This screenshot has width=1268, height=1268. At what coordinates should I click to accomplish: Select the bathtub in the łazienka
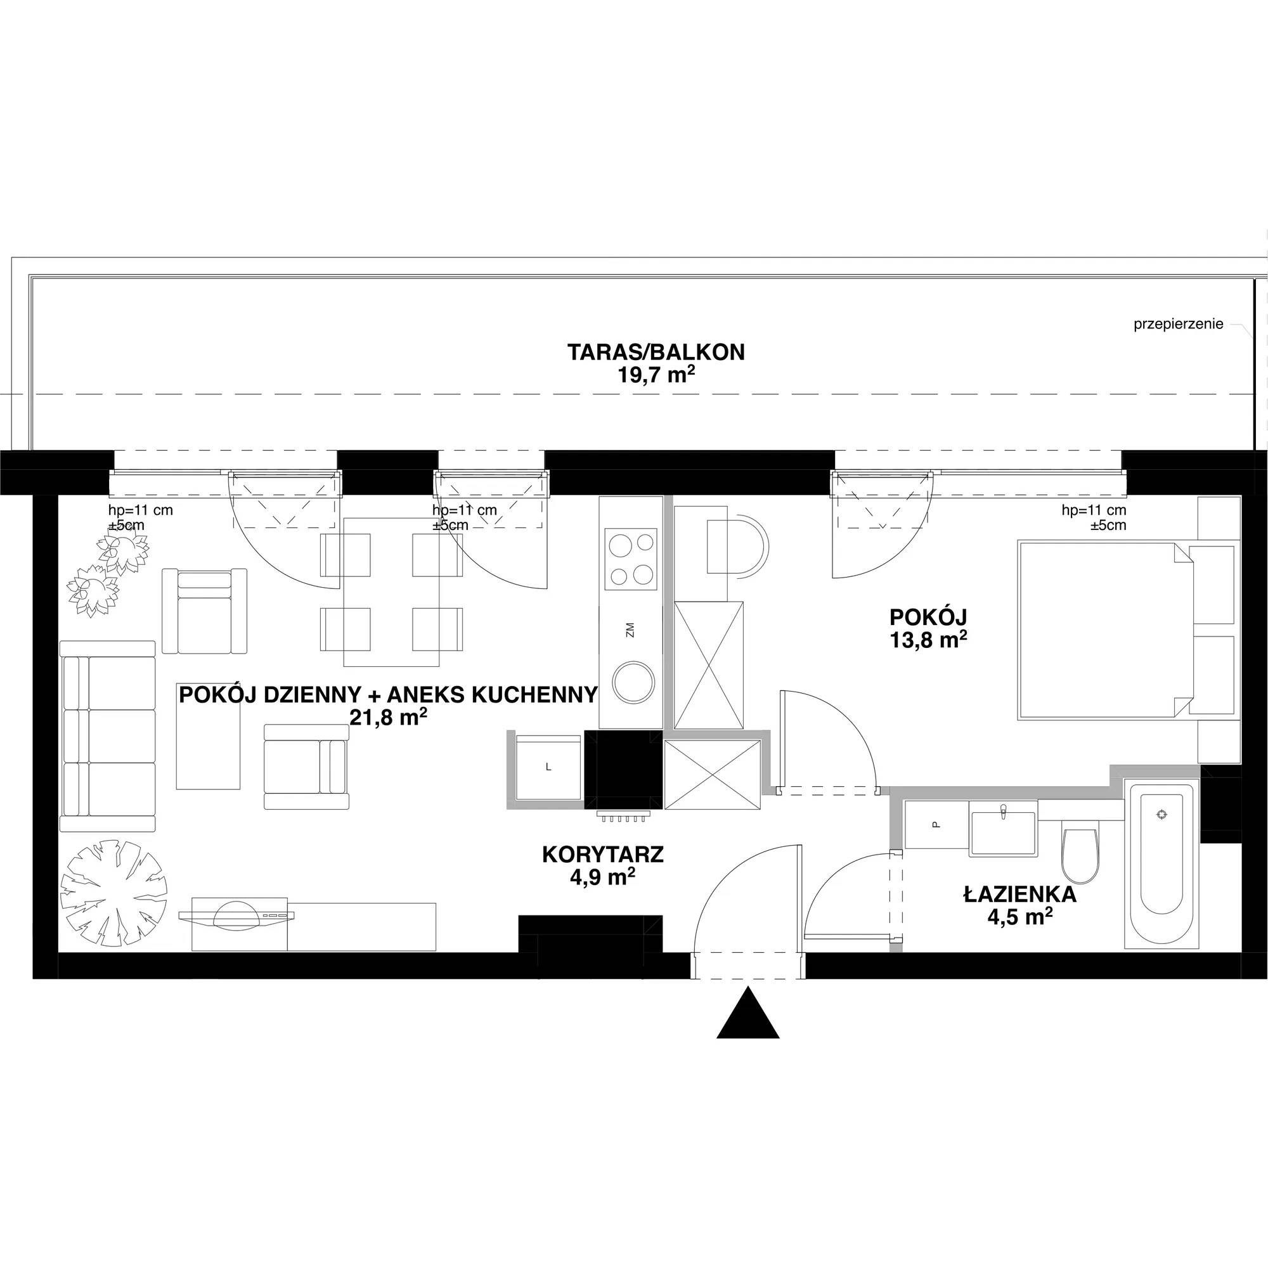coord(1161,864)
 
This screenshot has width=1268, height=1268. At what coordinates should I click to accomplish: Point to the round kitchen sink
coord(633,683)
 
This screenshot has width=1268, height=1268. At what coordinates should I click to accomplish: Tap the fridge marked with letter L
coord(548,767)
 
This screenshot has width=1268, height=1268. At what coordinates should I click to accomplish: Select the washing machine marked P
coord(936,825)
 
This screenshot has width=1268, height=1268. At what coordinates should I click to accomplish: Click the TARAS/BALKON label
coord(656,353)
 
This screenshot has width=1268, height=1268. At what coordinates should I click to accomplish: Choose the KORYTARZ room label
coord(602,854)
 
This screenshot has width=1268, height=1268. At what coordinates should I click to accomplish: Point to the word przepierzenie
coord(1178,324)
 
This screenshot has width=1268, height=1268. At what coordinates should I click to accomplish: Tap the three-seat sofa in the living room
coord(108,736)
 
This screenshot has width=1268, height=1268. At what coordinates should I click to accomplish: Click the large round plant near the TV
coord(113,893)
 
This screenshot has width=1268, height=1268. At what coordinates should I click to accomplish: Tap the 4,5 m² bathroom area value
coord(1020,916)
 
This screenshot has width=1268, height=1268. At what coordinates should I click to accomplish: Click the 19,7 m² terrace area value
coord(656,375)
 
